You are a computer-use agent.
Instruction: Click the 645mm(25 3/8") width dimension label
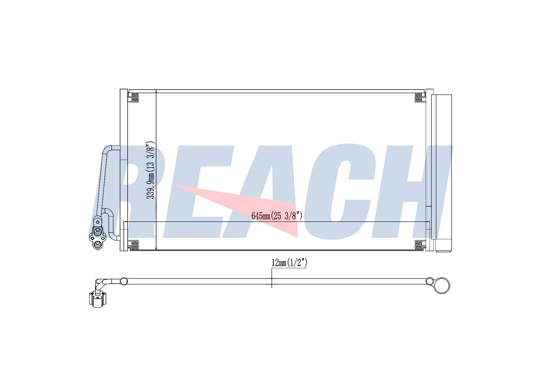pos(277,216)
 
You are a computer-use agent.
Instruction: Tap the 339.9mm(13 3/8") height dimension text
pos(150,170)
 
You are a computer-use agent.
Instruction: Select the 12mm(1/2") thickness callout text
pos(289,263)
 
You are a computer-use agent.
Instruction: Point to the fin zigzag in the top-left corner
pos(135,97)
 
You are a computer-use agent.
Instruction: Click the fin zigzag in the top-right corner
pos(418,97)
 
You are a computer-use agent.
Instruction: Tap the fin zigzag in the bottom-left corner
pos(135,245)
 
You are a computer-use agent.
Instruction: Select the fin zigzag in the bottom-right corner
pos(418,245)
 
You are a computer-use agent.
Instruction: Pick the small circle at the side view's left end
pos(124,281)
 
